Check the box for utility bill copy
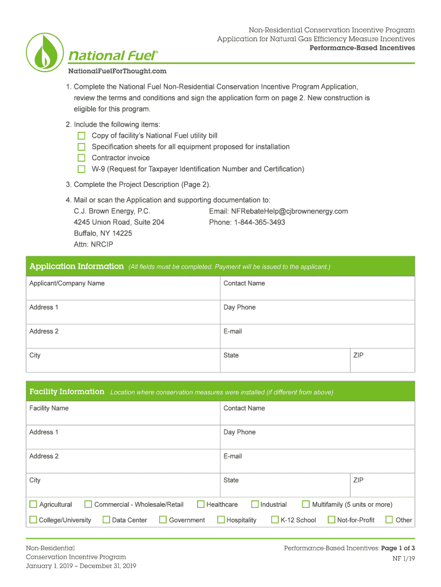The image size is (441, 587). tap(81, 136)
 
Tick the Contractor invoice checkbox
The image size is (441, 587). tap(81, 158)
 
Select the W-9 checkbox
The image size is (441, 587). tap(81, 169)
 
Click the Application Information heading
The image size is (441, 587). tap(76, 267)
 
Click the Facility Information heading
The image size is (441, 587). tap(66, 392)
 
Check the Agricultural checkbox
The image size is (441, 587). tap(33, 504)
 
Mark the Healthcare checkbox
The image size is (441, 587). tap(200, 504)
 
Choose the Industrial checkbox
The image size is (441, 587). tap(255, 504)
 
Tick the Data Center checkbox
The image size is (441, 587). tap(106, 520)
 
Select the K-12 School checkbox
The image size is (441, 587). tap(274, 520)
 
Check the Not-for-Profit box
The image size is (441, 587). tap(331, 520)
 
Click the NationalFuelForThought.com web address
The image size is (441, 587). tap(117, 71)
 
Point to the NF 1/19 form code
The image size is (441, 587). tap(403, 558)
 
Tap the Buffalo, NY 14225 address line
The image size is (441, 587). tap(103, 233)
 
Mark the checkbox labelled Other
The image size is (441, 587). tap(389, 520)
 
